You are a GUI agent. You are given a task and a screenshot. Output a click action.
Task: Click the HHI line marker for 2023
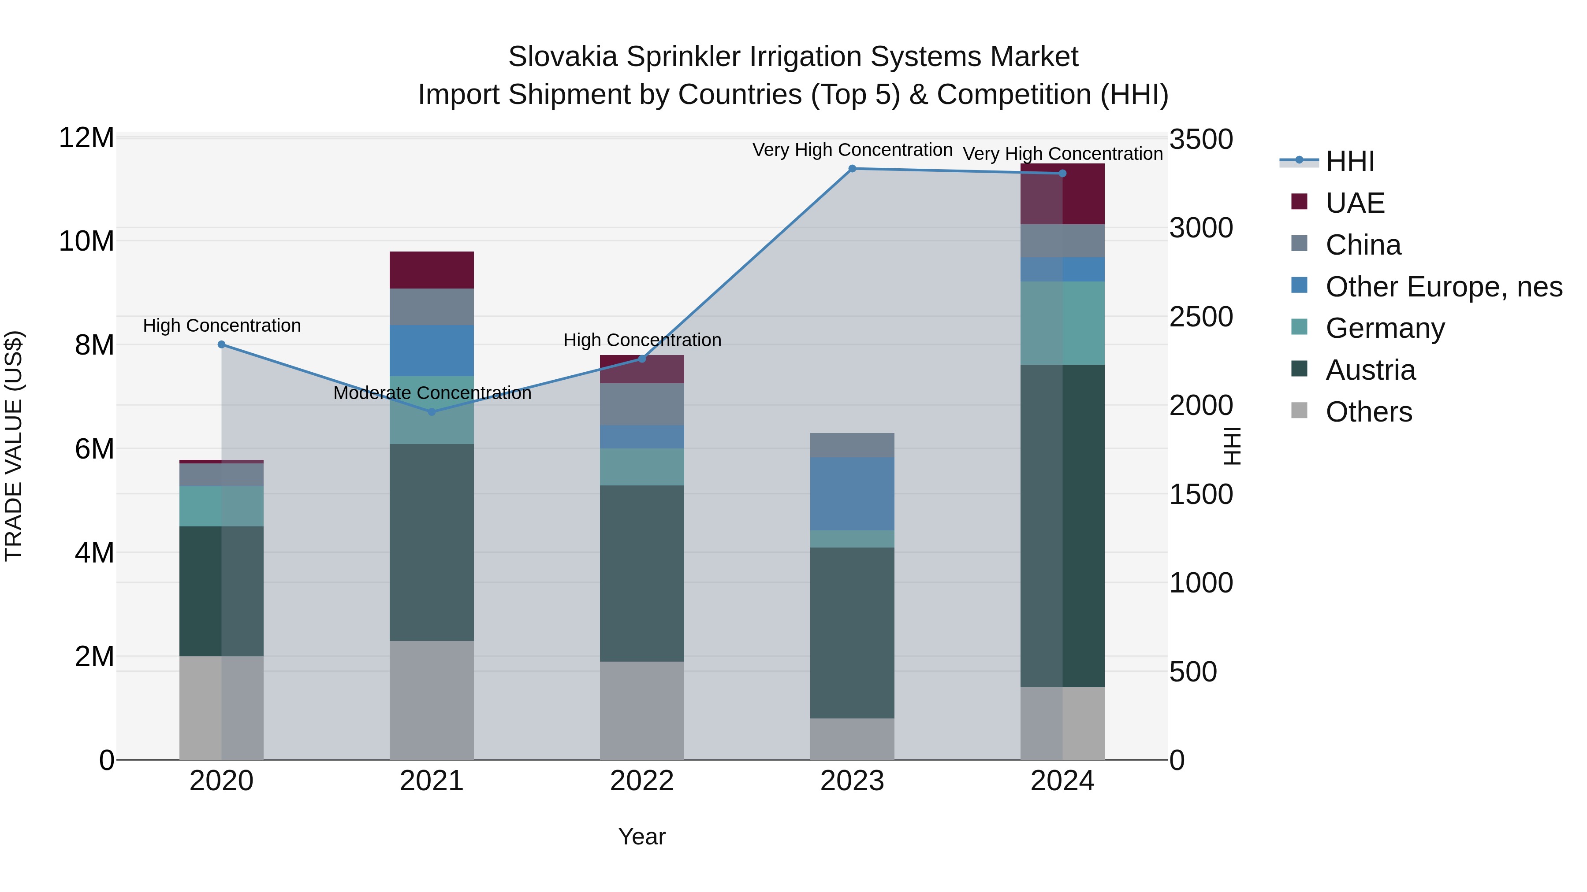[x=852, y=169]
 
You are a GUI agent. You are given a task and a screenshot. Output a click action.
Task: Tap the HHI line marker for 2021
[x=432, y=412]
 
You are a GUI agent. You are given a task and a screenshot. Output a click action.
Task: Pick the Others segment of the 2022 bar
[x=642, y=711]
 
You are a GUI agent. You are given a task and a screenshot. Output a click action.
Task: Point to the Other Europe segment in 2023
[x=852, y=494]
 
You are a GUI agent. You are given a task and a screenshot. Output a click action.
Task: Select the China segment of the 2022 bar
[x=642, y=404]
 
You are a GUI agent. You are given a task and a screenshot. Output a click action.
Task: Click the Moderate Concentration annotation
[x=432, y=393]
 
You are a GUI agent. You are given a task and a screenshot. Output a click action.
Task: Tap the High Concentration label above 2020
[x=222, y=326]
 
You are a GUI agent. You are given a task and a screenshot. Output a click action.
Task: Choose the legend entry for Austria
[x=1370, y=370]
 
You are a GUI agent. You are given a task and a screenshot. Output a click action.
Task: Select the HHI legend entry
[x=1349, y=161]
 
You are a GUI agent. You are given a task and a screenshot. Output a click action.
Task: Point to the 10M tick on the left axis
[x=86, y=241]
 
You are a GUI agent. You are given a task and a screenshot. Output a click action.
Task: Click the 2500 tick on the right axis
[x=1201, y=317]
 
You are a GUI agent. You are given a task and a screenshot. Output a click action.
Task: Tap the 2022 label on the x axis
[x=642, y=781]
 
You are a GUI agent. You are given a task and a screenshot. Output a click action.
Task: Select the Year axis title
[x=642, y=836]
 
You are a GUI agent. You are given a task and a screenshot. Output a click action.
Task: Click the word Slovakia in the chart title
[x=563, y=57]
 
